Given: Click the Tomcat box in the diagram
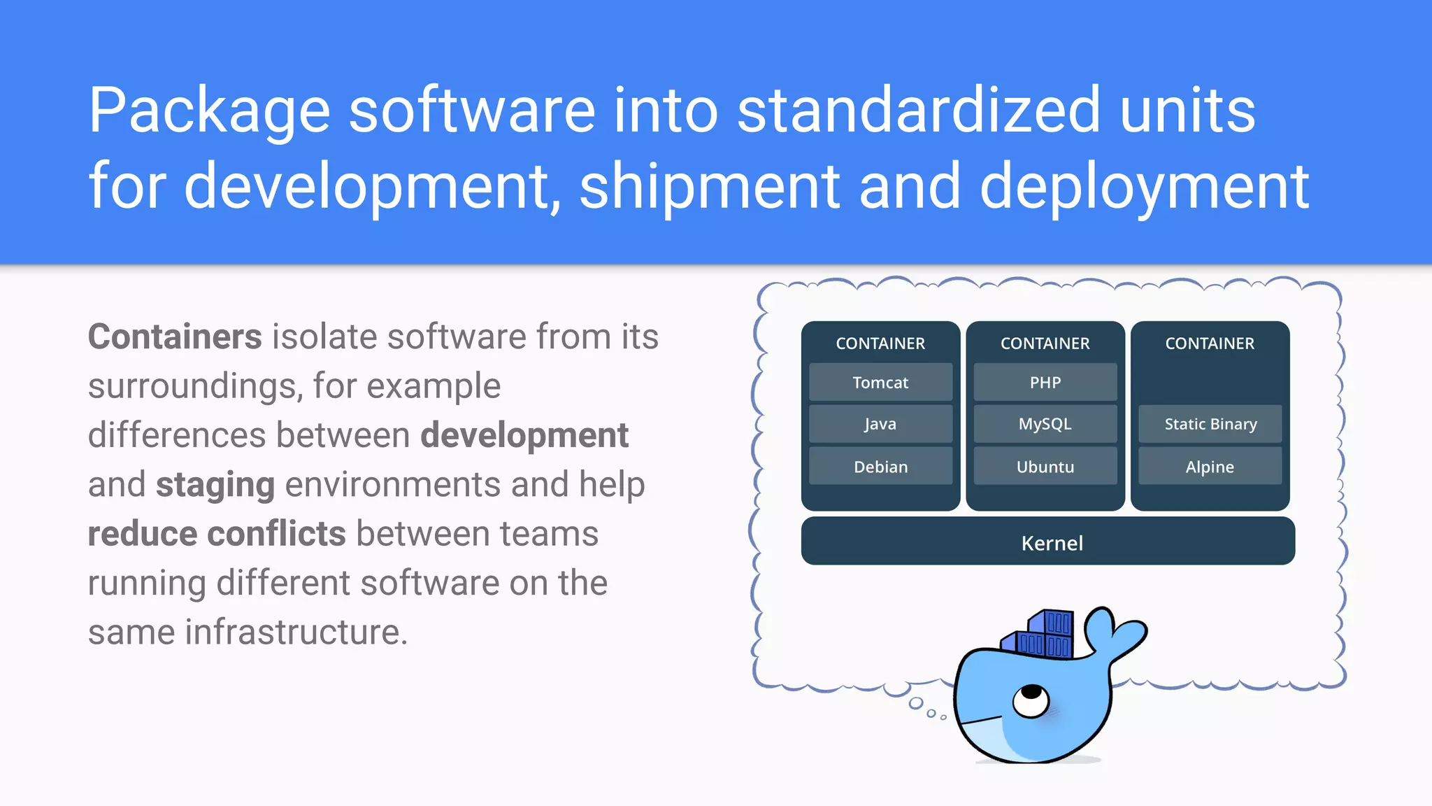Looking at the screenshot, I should (x=880, y=382).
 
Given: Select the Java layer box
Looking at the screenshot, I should (x=880, y=424).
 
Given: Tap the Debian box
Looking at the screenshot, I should (x=880, y=467).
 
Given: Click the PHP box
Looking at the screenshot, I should (x=1045, y=382).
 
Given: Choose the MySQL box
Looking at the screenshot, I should (x=1045, y=424).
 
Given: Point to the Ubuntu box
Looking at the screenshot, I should (x=1045, y=467).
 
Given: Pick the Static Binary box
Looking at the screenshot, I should (x=1210, y=424).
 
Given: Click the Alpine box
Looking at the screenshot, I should (x=1210, y=467).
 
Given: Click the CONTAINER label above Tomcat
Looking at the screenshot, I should (x=880, y=344).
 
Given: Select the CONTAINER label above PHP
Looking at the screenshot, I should (x=1045, y=344).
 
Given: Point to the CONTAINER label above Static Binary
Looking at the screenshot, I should (x=1210, y=344).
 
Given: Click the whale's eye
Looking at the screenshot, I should (x=1030, y=699).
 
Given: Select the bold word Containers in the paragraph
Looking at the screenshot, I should (x=175, y=337).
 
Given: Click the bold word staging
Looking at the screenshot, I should (x=215, y=485).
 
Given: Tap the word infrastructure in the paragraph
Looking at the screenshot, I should (x=295, y=632).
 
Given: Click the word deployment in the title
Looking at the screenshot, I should (x=1144, y=186).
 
